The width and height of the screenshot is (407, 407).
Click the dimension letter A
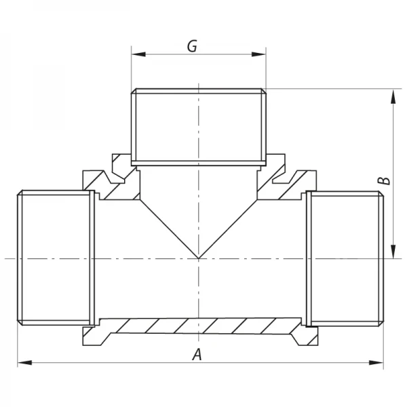(x=197, y=353)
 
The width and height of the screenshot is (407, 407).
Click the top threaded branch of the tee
(x=198, y=125)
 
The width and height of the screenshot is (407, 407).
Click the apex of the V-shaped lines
(x=198, y=258)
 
